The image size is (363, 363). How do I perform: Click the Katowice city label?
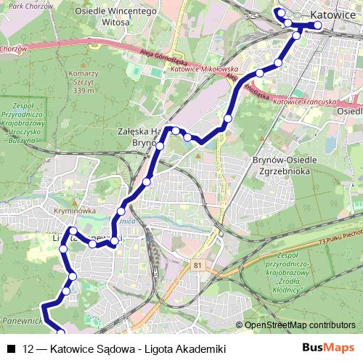coord(332,15)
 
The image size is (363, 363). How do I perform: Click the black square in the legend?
coord(10,348)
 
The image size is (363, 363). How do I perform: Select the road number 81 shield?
coord(197,266)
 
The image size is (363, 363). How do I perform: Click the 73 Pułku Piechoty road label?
coord(340,233)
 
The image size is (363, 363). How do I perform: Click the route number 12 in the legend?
coord(29,348)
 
